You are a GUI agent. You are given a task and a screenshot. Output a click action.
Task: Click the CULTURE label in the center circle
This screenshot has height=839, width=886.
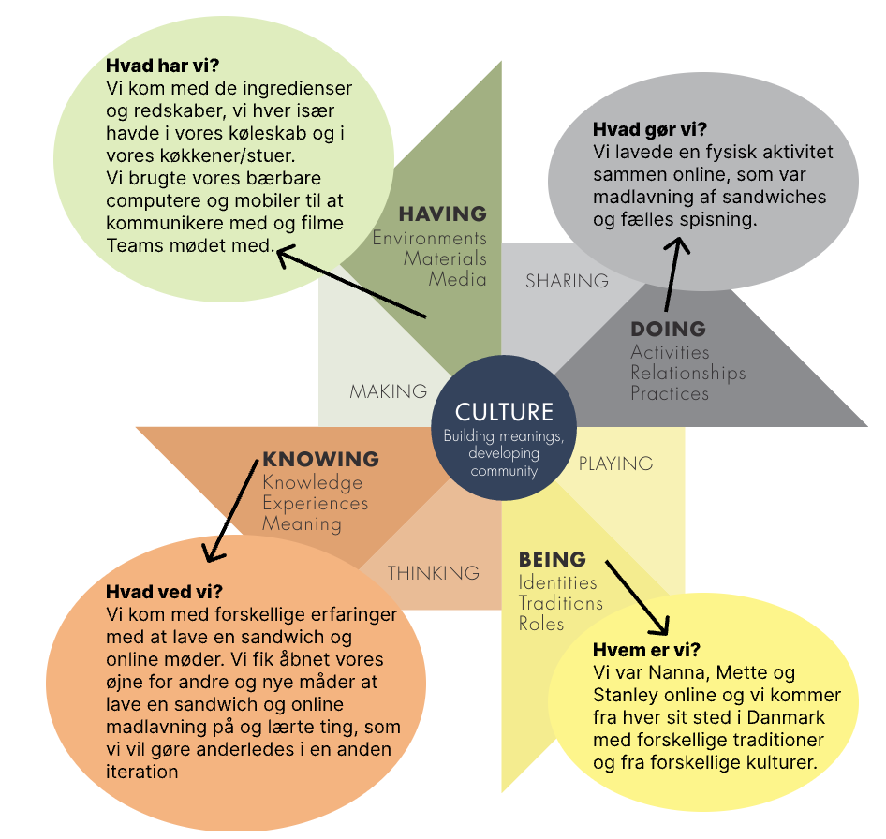[x=504, y=412]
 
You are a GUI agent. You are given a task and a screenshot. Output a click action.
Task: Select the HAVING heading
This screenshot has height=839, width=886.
[x=442, y=213]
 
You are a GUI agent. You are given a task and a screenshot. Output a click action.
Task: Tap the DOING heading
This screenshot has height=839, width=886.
[x=669, y=329]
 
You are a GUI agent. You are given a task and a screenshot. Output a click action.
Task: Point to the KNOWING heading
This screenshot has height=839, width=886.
[x=321, y=459]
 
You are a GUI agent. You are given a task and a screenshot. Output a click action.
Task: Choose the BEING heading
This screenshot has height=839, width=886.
[x=553, y=559]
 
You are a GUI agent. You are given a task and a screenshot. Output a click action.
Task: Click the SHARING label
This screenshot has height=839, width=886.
[x=567, y=281]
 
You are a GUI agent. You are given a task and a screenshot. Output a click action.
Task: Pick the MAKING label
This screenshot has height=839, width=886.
[x=388, y=391]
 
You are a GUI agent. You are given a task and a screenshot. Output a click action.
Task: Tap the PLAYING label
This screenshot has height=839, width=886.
[x=616, y=464]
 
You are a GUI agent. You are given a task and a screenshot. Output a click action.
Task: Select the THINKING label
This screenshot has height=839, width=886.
[x=434, y=573]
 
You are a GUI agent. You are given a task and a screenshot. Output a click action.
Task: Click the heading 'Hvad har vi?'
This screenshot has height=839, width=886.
[x=162, y=66]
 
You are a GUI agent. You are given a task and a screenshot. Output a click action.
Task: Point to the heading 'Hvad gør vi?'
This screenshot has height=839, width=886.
[x=650, y=129]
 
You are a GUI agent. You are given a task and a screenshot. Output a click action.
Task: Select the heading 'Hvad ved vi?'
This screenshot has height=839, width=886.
[x=165, y=592]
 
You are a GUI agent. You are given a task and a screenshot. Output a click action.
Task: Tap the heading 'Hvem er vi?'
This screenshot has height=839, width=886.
[x=646, y=650]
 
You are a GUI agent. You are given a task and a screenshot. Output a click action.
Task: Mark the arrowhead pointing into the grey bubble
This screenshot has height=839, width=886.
[x=677, y=244]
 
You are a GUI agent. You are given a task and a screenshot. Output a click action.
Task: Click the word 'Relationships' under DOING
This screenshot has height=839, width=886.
[x=688, y=373]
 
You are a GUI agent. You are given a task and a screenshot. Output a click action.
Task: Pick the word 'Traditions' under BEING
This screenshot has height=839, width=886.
[x=560, y=603]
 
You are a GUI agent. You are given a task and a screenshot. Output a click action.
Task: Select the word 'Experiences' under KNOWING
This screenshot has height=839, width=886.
[x=316, y=503]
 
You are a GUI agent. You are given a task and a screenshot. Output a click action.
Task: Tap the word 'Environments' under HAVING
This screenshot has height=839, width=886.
[x=430, y=238]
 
